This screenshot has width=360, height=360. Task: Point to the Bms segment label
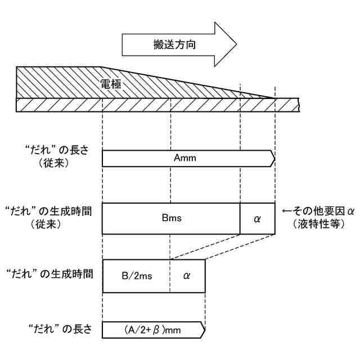pyautogui.click(x=170, y=218)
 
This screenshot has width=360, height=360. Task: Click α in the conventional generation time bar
pyautogui.click(x=258, y=218)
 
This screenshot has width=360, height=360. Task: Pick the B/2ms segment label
pyautogui.click(x=137, y=276)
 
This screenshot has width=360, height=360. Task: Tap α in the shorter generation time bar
pyautogui.click(x=187, y=276)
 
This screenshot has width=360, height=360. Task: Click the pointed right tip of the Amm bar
pyautogui.click(x=273, y=159)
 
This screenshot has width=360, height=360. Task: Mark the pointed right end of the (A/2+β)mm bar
pyautogui.click(x=203, y=330)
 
